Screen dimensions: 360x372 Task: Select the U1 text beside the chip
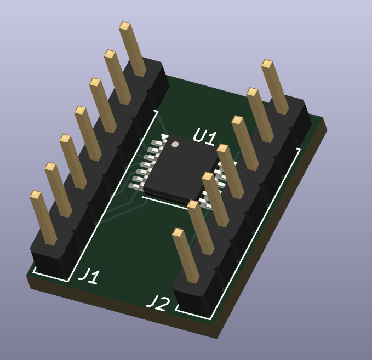[204, 137]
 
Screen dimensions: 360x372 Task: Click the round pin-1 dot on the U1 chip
[175, 145]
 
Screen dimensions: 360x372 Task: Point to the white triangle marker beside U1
[164, 136]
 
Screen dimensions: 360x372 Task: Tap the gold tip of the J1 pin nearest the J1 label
[36, 195]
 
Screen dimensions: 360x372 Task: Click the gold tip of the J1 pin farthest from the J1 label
[124, 26]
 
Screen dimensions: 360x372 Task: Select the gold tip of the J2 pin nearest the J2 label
[178, 232]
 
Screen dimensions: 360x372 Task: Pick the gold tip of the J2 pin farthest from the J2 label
[266, 64]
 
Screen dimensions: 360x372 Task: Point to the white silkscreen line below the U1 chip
[164, 201]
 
